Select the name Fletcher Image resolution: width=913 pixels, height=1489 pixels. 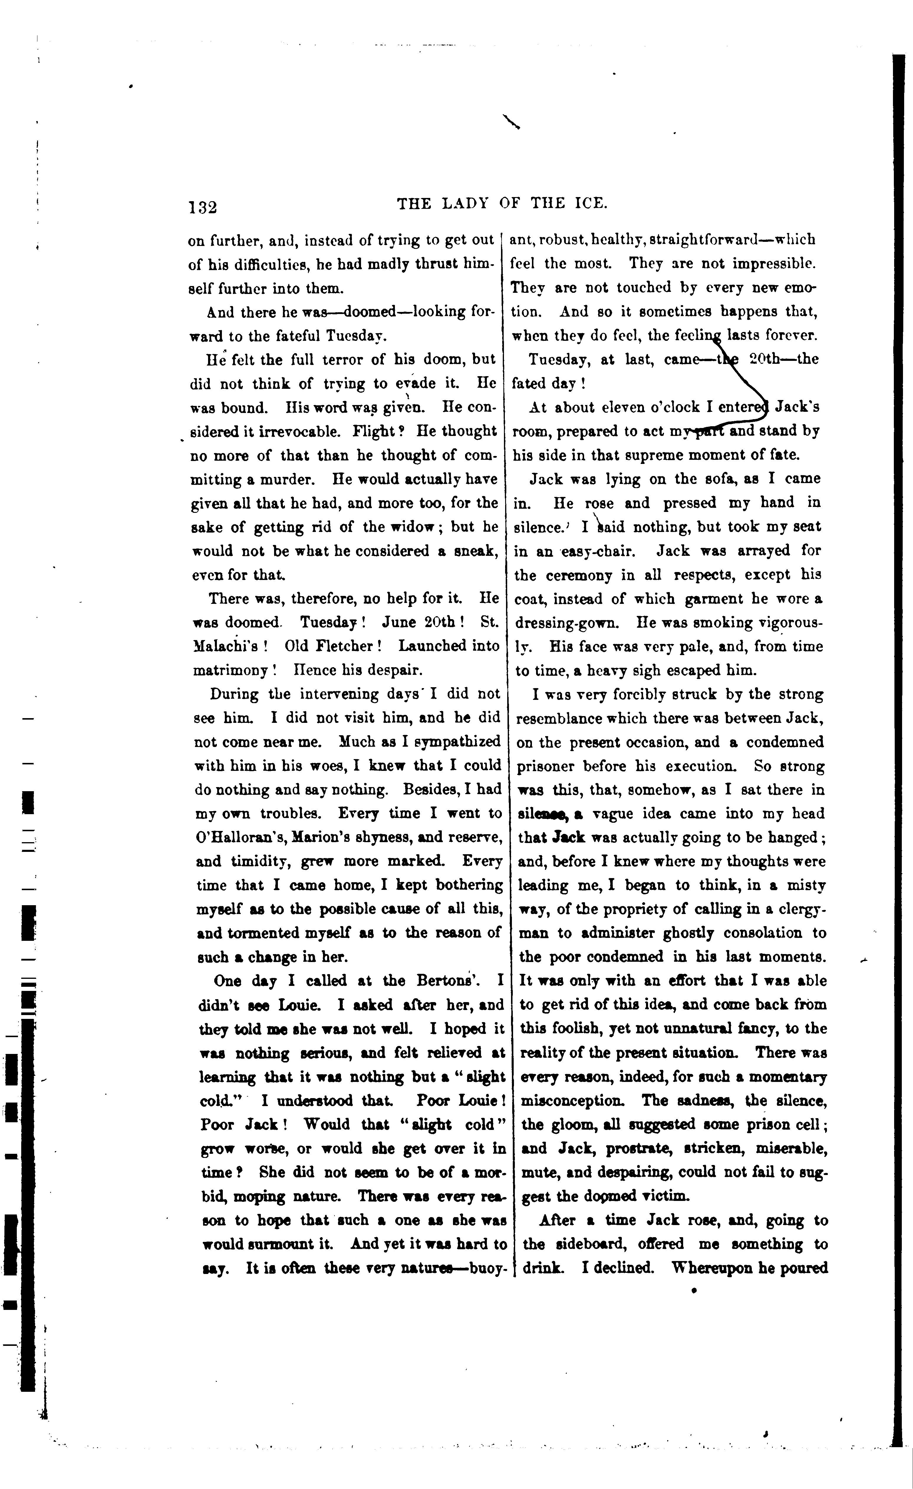[342, 646]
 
